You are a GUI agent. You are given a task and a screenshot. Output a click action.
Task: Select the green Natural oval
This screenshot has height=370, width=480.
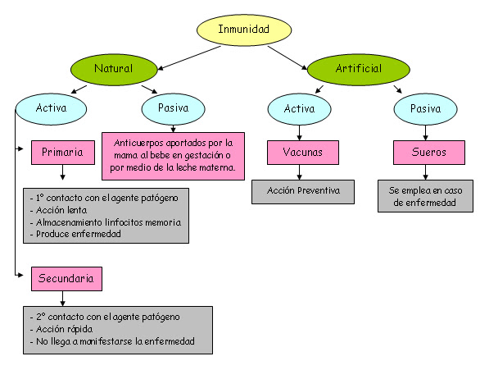click(x=113, y=69)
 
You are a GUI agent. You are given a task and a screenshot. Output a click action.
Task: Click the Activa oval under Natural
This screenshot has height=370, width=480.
click(x=52, y=107)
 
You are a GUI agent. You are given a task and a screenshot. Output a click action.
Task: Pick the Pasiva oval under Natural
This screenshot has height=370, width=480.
click(x=172, y=107)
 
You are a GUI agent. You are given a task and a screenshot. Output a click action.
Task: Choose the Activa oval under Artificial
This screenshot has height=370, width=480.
click(x=299, y=107)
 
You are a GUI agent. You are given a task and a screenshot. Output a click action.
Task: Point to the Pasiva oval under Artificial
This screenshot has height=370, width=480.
click(x=424, y=107)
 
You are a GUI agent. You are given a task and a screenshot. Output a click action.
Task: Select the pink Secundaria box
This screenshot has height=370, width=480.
click(x=67, y=278)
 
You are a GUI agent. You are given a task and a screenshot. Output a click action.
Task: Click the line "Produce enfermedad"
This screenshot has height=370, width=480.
click(x=77, y=235)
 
